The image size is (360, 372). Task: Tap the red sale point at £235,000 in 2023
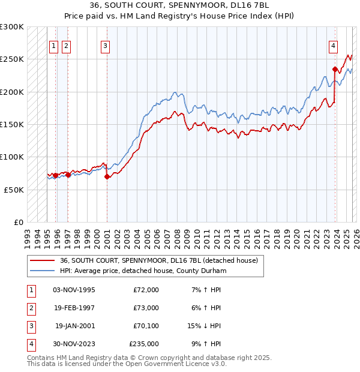[334, 69]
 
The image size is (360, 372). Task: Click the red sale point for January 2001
[107, 176]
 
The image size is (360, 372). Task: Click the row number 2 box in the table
[31, 308]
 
